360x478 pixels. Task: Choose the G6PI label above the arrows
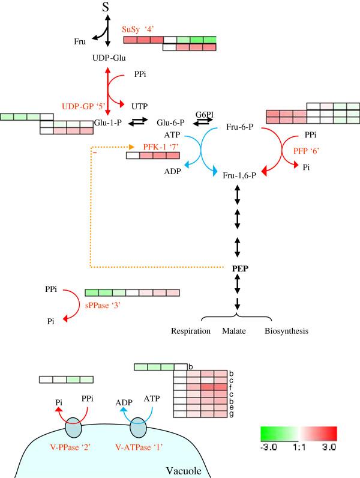(x=205, y=113)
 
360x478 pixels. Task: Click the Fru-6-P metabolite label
(x=242, y=127)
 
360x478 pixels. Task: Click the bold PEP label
(x=240, y=268)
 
